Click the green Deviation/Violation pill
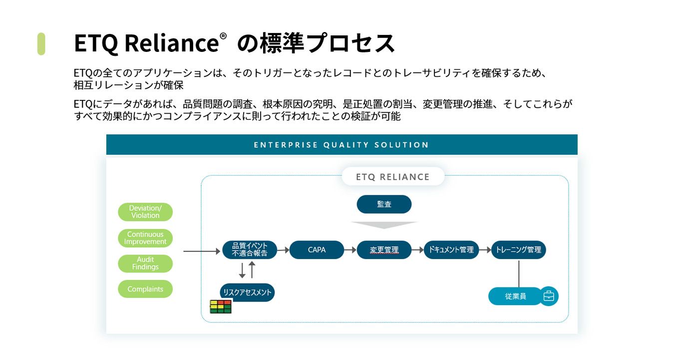click(145, 212)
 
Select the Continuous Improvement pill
click(145, 238)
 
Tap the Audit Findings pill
click(145, 263)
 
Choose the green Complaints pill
click(145, 289)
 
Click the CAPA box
click(317, 250)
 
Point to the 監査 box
click(384, 204)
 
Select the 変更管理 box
click(384, 250)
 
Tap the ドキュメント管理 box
click(451, 250)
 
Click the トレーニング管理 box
click(518, 250)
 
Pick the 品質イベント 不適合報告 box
click(250, 250)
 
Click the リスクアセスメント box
click(247, 293)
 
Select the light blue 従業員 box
click(515, 296)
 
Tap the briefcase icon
click(549, 296)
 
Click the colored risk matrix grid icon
click(220, 306)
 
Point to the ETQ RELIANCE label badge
click(392, 177)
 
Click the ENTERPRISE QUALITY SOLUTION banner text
click(341, 145)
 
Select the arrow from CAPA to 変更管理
click(350, 250)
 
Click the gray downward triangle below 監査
click(384, 225)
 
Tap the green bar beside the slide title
click(41, 43)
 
